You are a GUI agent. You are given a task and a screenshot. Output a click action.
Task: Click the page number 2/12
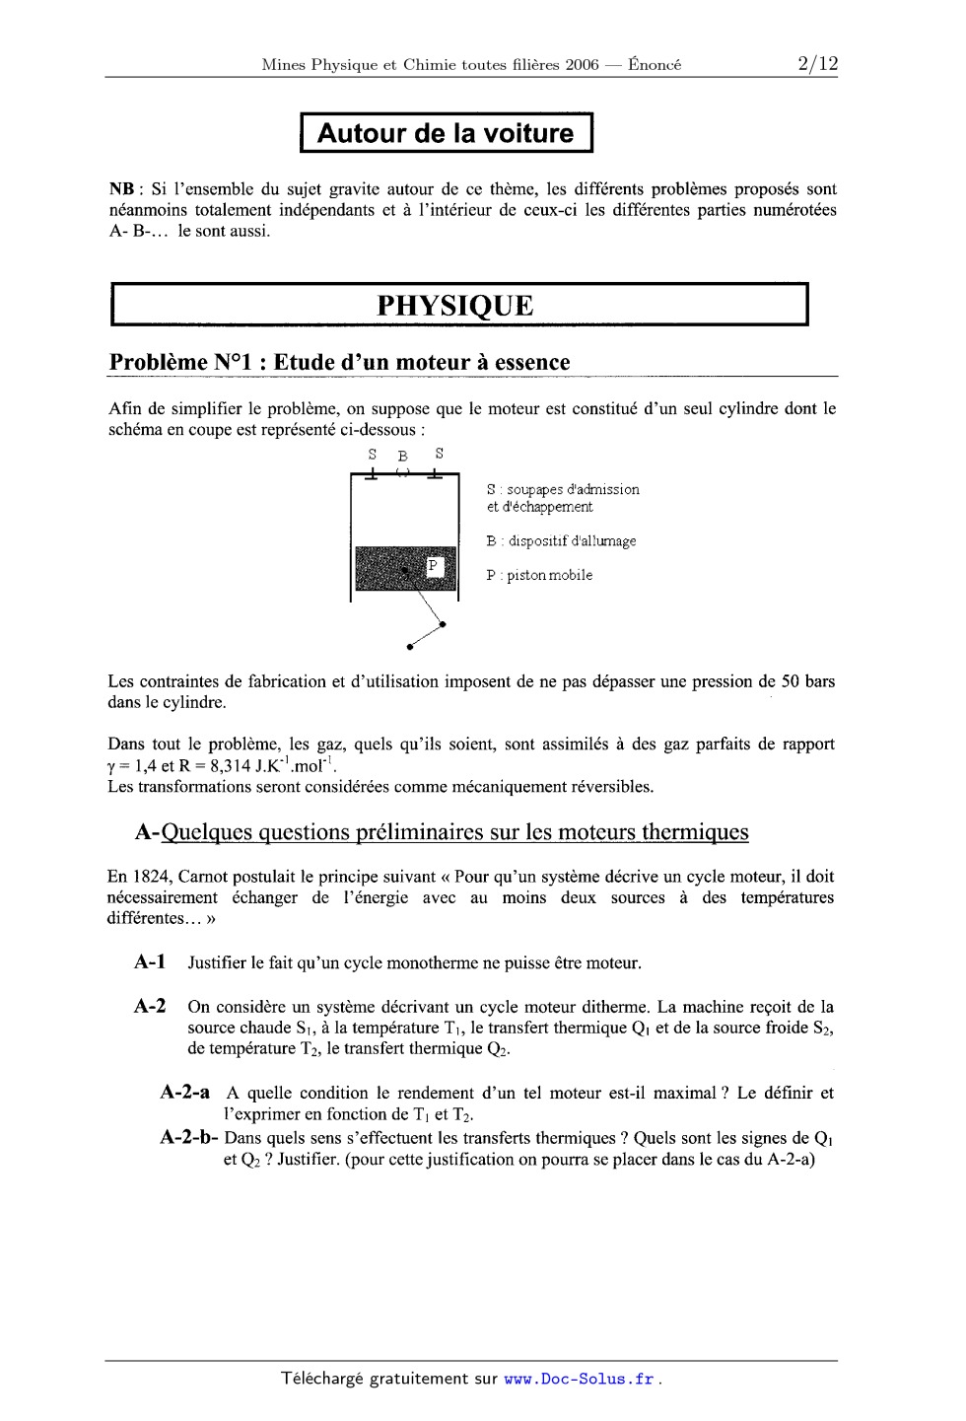click(817, 65)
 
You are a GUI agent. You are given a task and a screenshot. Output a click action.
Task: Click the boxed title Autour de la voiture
click(446, 134)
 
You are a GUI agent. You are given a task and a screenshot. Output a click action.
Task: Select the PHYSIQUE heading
click(455, 306)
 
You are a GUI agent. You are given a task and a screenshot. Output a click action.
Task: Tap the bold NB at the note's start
click(121, 189)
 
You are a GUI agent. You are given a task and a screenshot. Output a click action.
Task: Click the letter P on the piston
click(434, 565)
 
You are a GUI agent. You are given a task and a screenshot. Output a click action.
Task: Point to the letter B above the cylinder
click(402, 457)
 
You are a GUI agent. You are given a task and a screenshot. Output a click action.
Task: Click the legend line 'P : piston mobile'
click(539, 576)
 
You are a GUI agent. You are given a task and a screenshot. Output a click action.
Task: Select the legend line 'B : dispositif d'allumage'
click(561, 541)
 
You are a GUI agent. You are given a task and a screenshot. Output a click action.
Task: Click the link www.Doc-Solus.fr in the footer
click(579, 1380)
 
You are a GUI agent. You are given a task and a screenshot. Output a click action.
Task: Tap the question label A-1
click(150, 962)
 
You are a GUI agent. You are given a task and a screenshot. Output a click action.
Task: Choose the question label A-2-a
click(184, 1093)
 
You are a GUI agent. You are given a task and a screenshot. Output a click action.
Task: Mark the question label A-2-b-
click(188, 1138)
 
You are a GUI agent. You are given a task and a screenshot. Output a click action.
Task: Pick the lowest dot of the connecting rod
click(409, 648)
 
